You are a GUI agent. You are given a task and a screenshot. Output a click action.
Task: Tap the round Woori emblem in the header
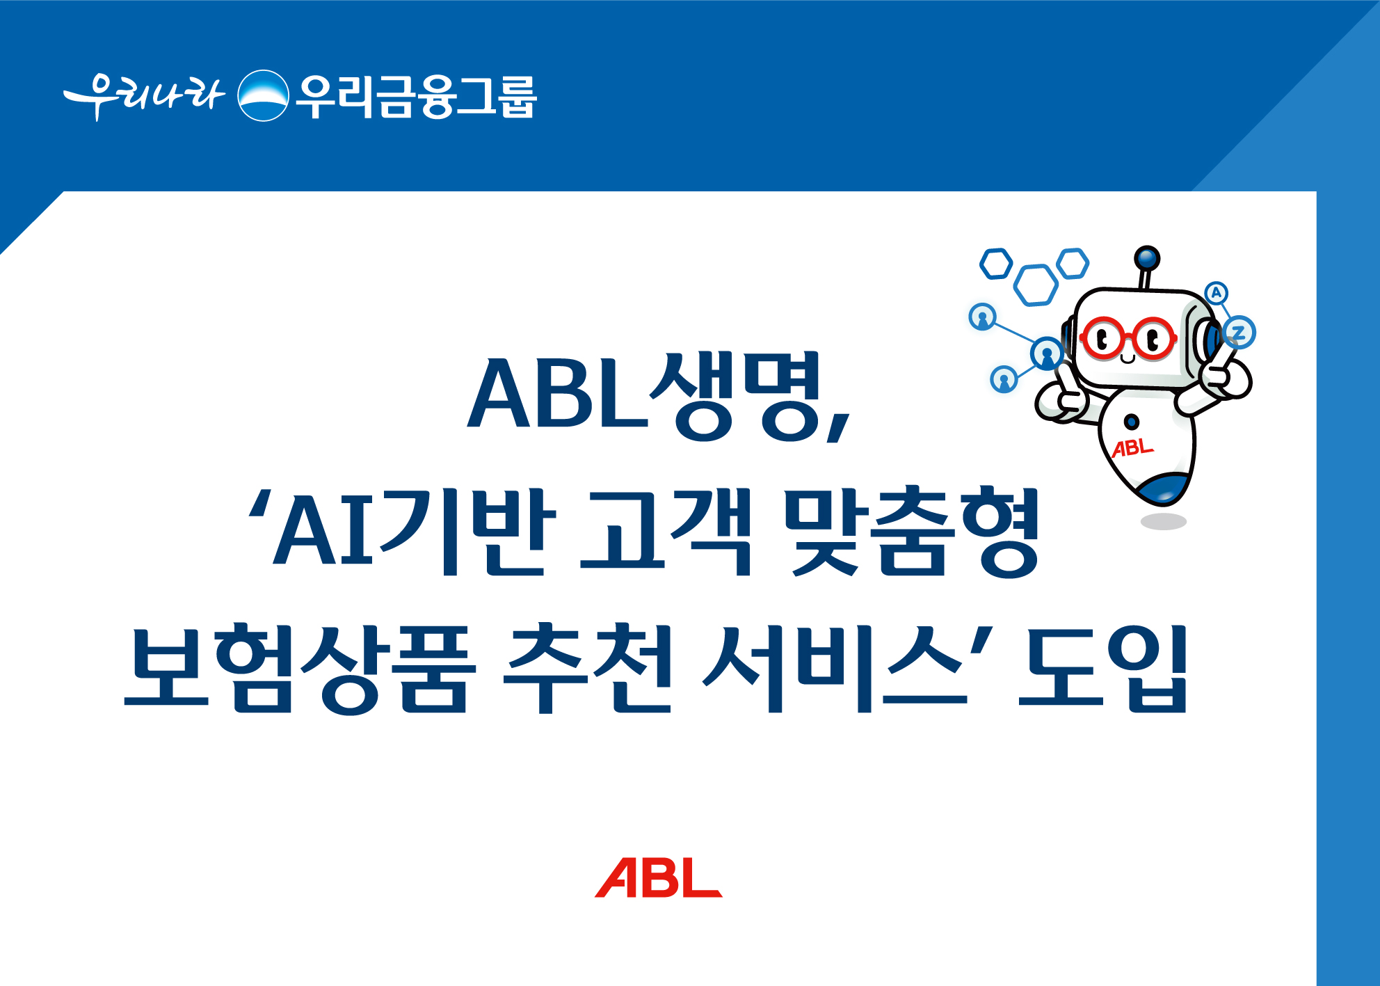(263, 96)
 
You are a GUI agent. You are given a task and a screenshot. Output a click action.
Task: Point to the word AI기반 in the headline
(410, 532)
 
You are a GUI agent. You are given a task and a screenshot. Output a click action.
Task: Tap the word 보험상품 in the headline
(299, 668)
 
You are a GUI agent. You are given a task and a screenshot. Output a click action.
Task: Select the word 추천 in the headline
(588, 668)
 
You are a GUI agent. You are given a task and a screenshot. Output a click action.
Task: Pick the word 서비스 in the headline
(835, 668)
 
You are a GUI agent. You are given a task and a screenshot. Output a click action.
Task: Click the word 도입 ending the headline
(1102, 668)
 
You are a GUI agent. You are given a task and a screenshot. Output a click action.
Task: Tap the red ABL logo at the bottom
(658, 878)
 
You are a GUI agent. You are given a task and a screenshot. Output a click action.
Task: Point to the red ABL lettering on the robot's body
(1132, 448)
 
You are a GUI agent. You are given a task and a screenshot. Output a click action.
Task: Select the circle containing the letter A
(1216, 293)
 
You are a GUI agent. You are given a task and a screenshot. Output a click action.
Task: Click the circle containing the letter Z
(1238, 332)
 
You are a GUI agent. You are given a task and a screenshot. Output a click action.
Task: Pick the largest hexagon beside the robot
(1036, 285)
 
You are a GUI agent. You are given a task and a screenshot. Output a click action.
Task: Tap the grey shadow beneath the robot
(1163, 521)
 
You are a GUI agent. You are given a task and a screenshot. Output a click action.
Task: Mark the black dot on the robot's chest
(1132, 421)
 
